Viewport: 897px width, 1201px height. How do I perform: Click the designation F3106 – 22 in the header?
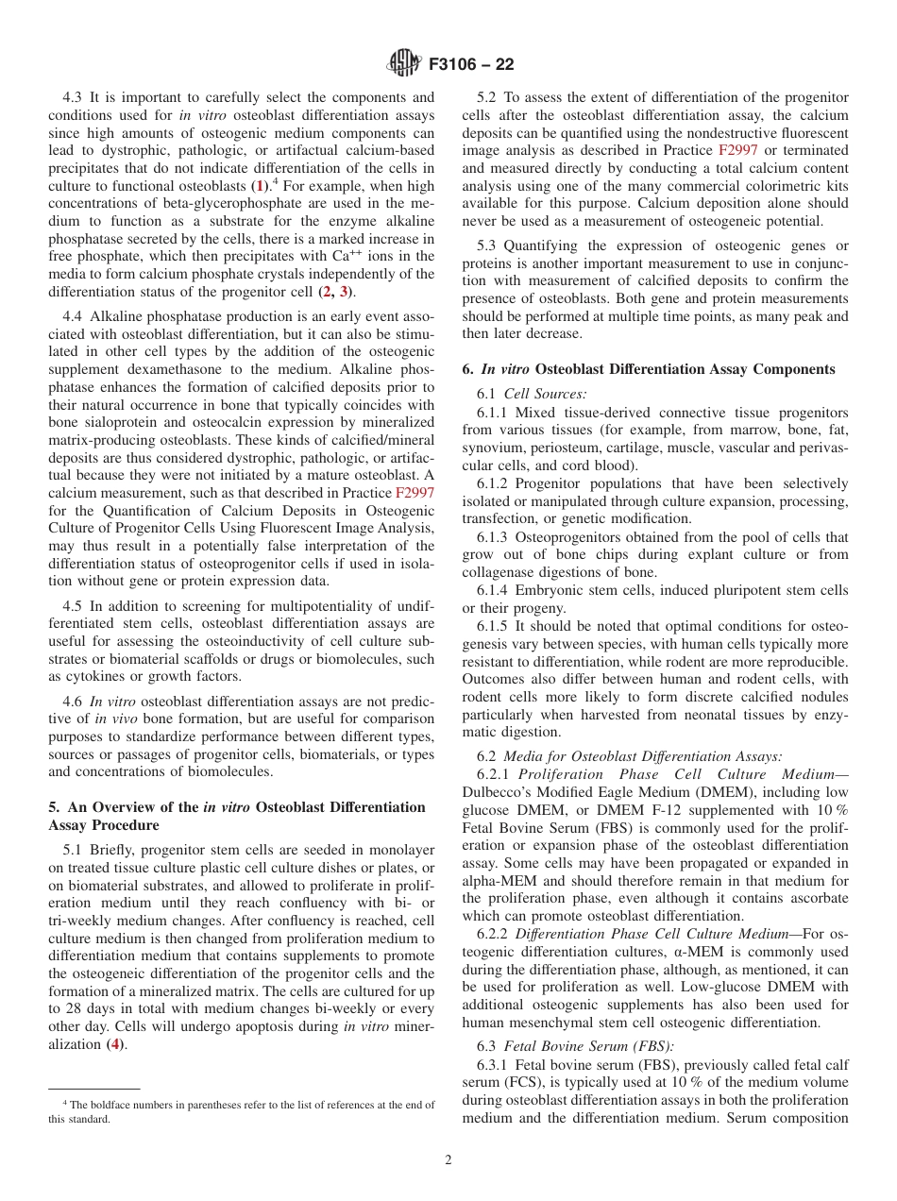471,65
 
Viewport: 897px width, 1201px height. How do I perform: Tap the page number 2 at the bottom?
448,1160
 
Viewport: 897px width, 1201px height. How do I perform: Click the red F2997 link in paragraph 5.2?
737,150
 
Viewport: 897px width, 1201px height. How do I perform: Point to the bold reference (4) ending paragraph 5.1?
116,1018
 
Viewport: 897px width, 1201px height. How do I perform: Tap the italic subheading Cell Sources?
545,394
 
